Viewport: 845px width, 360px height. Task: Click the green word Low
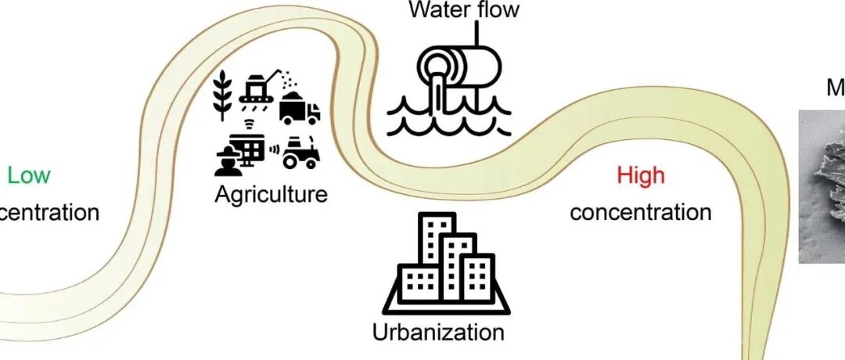[x=29, y=175]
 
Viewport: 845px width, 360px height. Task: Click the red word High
[x=640, y=175]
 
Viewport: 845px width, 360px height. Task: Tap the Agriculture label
[x=271, y=193]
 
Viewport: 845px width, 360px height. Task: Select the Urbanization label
[x=438, y=331]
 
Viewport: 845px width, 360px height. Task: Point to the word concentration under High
[x=640, y=212]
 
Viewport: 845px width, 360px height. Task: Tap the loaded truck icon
[x=300, y=107]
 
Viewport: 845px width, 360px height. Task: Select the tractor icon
[x=300, y=153]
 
